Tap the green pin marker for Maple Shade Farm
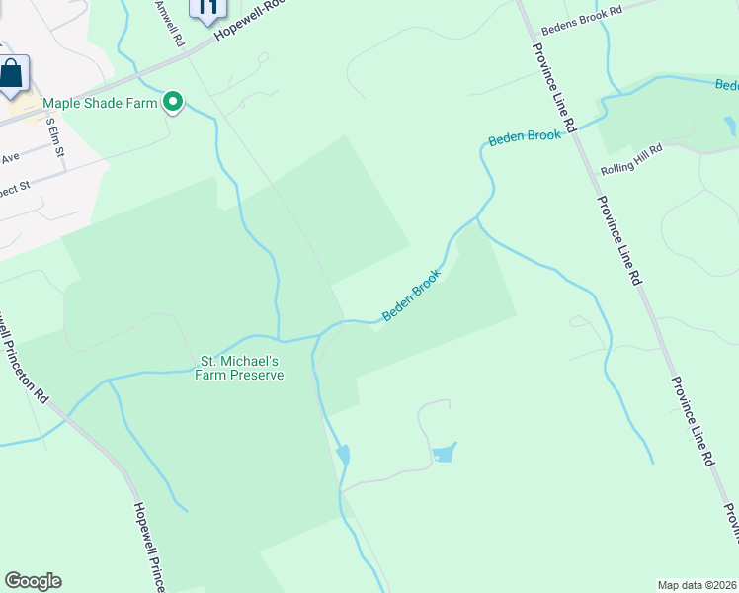coord(174,102)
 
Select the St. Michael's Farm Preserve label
coord(242,368)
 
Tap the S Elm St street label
coord(55,138)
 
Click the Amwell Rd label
coord(171,24)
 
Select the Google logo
coord(33,581)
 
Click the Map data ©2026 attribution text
coord(697,584)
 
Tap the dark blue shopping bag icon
coord(11,75)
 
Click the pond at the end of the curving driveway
coord(445,454)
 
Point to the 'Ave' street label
coord(10,158)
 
